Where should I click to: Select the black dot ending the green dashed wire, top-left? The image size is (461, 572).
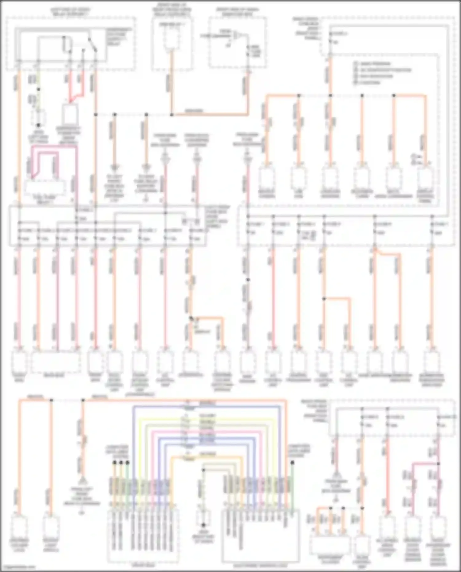point(39,125)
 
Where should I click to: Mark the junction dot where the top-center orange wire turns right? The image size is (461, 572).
point(172,115)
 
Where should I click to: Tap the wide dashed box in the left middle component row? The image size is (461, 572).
point(56,362)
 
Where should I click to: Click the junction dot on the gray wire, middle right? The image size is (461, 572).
point(248,280)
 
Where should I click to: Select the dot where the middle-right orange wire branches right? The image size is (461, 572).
point(324,298)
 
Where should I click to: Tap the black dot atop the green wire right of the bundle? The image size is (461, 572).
point(293,463)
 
